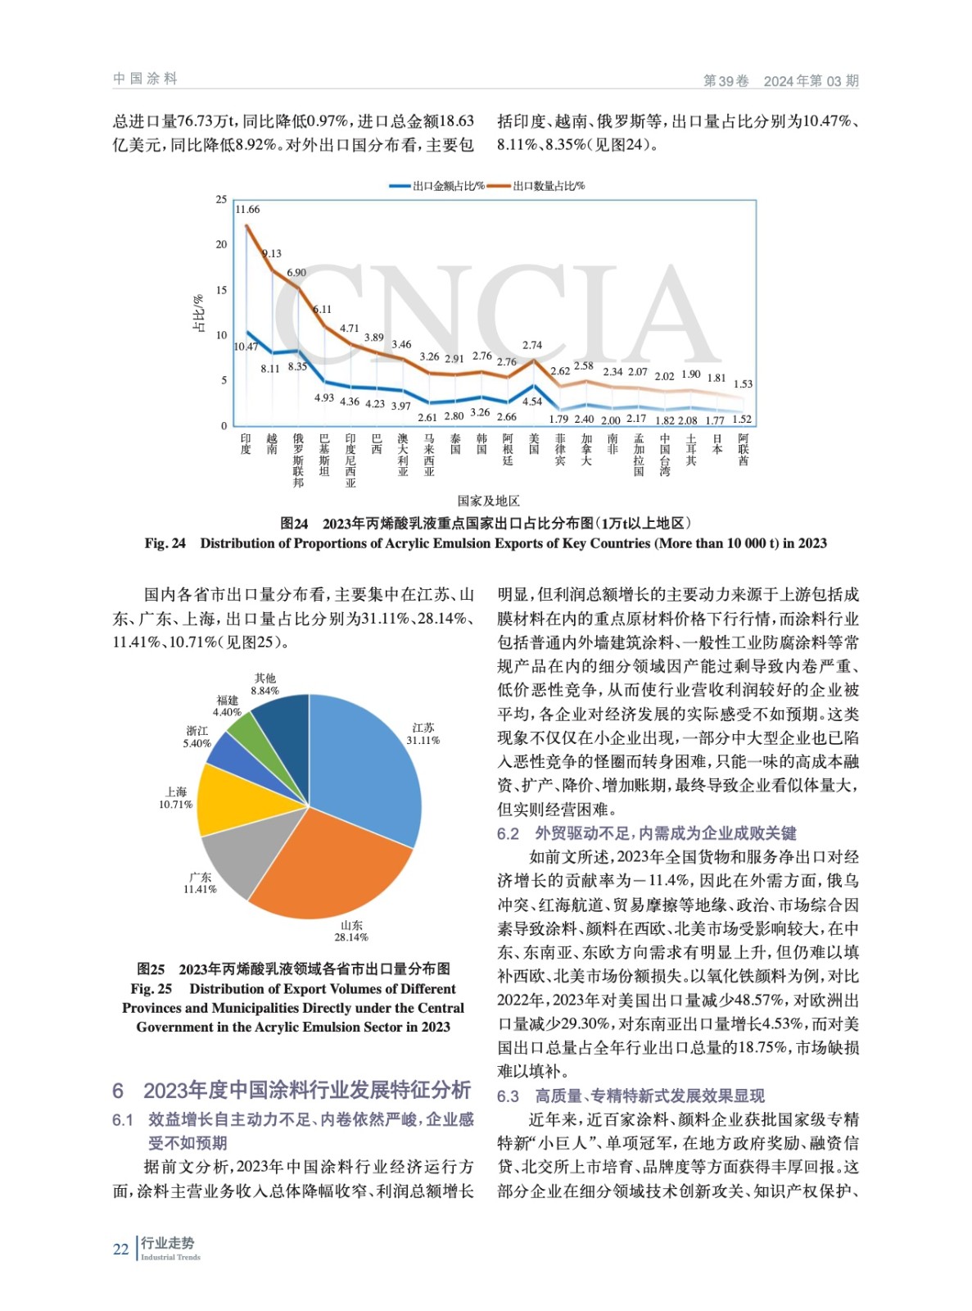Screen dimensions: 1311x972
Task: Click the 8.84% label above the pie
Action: click(x=264, y=691)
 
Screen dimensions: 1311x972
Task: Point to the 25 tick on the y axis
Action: click(x=221, y=199)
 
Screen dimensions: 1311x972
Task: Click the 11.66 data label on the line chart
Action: click(x=248, y=210)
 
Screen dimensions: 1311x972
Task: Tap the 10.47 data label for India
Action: click(x=246, y=347)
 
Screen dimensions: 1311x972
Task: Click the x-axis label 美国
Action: click(x=533, y=444)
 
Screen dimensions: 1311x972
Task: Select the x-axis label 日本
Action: click(x=717, y=444)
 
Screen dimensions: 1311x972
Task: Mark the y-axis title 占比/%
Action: click(x=198, y=313)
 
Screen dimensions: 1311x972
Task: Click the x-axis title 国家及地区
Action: click(x=488, y=501)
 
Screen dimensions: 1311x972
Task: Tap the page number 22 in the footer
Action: click(x=120, y=1250)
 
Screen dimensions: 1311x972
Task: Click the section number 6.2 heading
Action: click(x=508, y=833)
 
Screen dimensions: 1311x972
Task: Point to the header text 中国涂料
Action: click(x=145, y=79)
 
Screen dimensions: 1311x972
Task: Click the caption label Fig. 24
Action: click(x=165, y=543)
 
